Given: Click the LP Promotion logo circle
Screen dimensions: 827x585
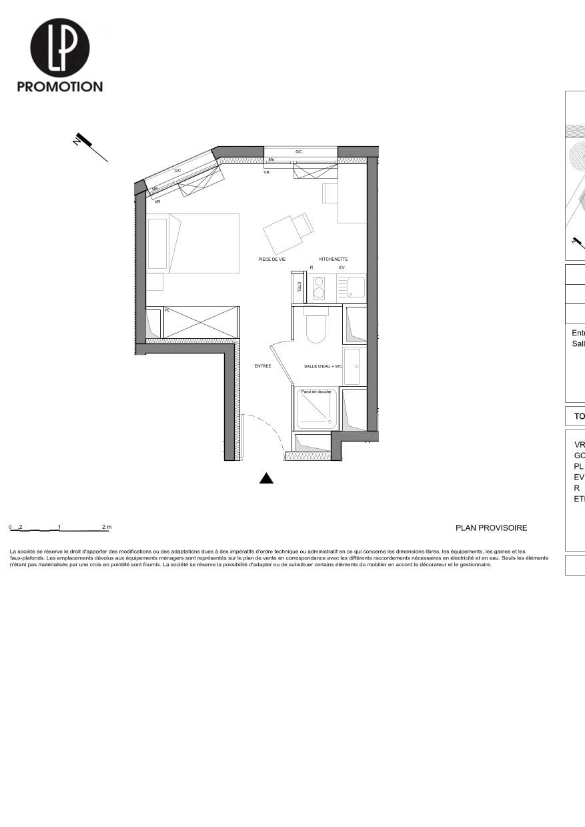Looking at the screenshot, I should pos(60,47).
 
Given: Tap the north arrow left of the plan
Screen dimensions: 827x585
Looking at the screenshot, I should pos(91,147).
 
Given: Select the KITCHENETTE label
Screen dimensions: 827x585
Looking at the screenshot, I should pos(333,259).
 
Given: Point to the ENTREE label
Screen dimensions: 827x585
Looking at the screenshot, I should pos(263,366).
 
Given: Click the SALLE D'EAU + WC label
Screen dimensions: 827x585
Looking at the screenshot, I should pos(323,366).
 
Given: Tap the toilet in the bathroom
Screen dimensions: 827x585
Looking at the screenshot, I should pos(316,327).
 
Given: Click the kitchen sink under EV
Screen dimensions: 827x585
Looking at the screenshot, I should pos(356,287).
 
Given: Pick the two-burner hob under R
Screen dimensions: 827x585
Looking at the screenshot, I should pos(319,287).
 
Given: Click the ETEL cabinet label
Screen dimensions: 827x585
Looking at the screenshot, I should pos(299,287).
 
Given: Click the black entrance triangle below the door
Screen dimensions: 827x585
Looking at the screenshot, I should pos(266,478).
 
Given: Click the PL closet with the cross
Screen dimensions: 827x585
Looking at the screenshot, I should pos(201,322).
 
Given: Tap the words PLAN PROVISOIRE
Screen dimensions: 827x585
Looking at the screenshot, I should pos(491,528).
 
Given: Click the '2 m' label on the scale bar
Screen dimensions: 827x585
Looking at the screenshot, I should pos(107,527).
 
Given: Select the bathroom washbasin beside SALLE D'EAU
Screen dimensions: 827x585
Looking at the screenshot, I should pos(352,366).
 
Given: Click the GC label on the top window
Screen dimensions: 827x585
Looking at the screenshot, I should pos(299,152).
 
